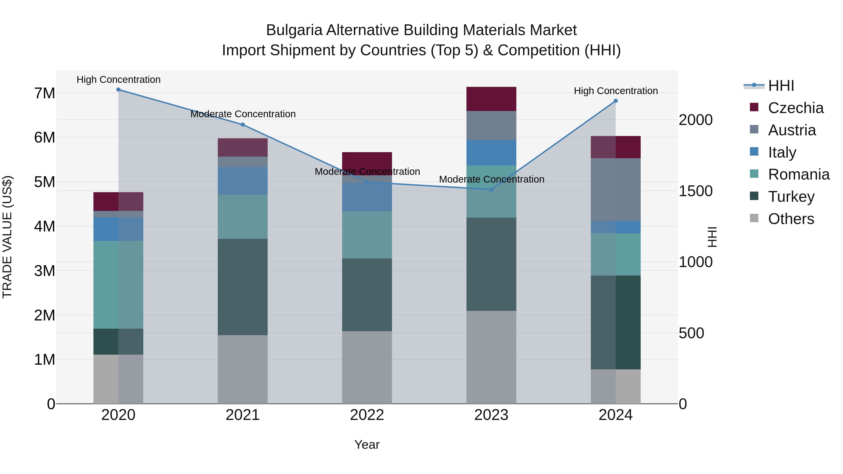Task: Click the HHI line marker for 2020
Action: (x=118, y=90)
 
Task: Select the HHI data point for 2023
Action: (x=491, y=189)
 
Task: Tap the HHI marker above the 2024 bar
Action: (x=616, y=101)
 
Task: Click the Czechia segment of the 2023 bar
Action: (x=491, y=99)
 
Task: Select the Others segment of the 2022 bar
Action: (x=367, y=367)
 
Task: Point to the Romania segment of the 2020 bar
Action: (x=118, y=285)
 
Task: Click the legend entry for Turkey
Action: (x=791, y=197)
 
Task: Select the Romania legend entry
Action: (x=799, y=174)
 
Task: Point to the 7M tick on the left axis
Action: (x=44, y=93)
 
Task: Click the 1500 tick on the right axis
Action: (x=695, y=191)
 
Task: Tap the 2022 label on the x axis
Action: (x=367, y=415)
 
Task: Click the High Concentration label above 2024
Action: (x=616, y=91)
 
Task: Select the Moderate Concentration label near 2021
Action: (x=243, y=114)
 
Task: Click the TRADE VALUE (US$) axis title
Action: (x=7, y=237)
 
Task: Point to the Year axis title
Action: (x=367, y=445)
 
